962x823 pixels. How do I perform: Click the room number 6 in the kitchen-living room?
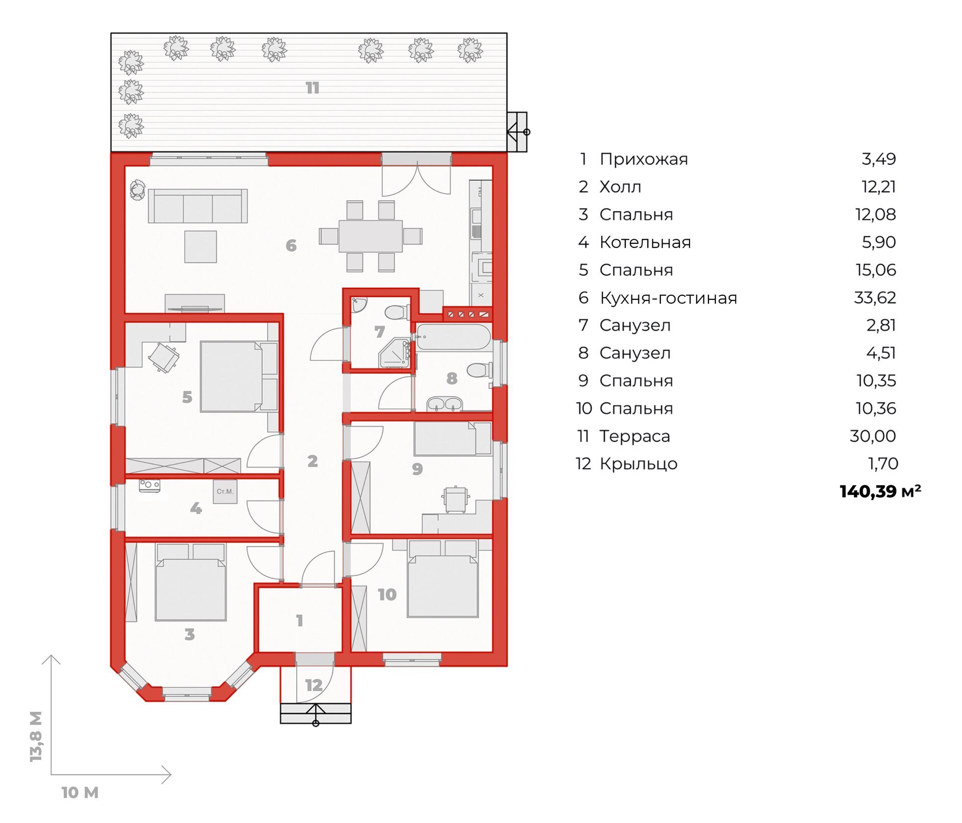point(291,245)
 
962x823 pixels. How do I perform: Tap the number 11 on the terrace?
point(313,88)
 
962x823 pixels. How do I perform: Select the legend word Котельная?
point(645,242)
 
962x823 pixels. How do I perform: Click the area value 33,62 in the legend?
point(875,298)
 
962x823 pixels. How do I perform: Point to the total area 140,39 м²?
point(880,492)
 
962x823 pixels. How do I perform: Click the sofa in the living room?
point(198,206)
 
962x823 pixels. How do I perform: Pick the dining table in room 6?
point(371,236)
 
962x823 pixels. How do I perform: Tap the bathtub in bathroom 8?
point(453,337)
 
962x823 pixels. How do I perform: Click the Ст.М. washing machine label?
point(225,492)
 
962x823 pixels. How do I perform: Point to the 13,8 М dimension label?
point(36,736)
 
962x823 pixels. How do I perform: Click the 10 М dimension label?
point(80,792)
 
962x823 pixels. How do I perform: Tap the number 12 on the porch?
point(314,685)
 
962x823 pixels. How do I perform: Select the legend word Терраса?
point(635,437)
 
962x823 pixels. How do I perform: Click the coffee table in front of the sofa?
point(200,246)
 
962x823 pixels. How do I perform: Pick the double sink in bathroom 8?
point(445,403)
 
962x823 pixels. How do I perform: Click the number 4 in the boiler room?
point(196,509)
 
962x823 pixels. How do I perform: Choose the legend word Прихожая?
point(644,159)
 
